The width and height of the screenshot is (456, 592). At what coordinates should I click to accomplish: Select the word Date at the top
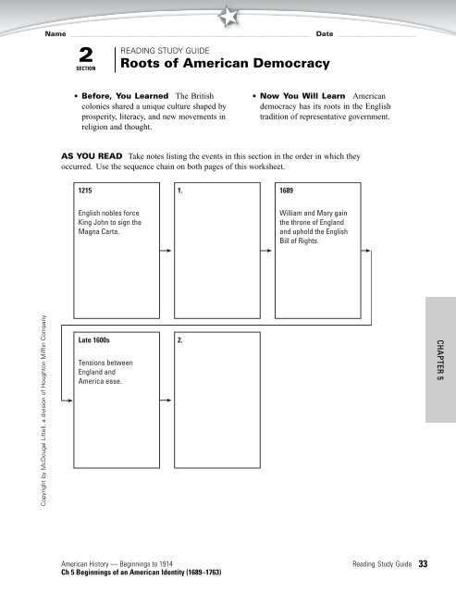[324, 33]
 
